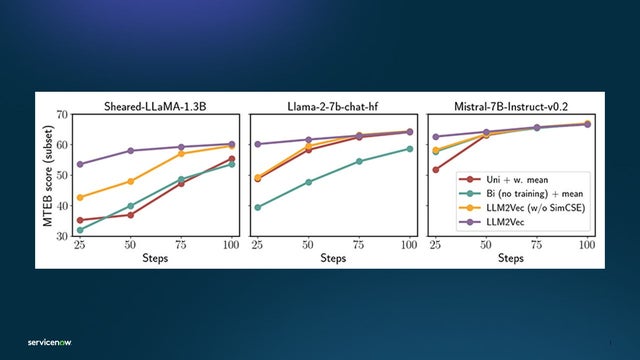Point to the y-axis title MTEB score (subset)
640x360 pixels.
[x=47, y=175]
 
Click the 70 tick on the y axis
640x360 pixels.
[x=62, y=115]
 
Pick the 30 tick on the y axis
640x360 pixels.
[x=62, y=236]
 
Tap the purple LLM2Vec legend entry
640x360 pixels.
[x=523, y=230]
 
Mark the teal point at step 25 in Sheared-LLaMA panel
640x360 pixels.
[x=79, y=230]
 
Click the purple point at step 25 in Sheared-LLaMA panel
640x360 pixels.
[x=79, y=164]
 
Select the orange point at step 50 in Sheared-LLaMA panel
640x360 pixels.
[x=130, y=181]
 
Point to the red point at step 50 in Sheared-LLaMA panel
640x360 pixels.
[x=130, y=215]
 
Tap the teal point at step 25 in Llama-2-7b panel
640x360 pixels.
[x=258, y=207]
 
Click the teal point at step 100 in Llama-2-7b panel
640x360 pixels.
[x=410, y=149]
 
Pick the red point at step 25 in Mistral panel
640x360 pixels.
[x=436, y=169]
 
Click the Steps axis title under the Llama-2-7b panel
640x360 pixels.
[x=334, y=258]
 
